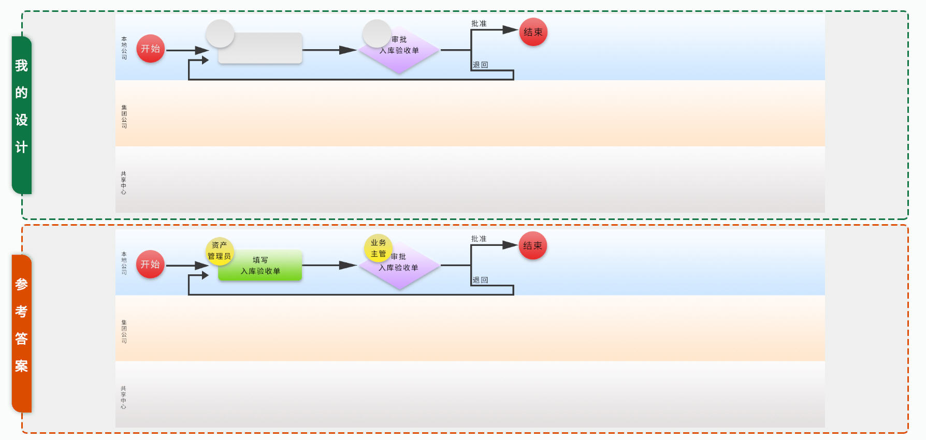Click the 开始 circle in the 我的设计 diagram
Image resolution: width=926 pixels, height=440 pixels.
(151, 49)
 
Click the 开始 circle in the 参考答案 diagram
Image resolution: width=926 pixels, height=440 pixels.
(150, 264)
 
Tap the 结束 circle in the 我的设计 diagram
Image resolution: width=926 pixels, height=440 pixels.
(533, 32)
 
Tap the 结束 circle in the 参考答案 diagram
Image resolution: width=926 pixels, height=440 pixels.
(532, 246)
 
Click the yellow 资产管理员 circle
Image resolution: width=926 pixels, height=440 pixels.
(220, 251)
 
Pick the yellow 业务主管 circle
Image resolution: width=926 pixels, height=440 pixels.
(378, 248)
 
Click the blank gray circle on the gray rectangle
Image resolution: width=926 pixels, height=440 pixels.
(220, 34)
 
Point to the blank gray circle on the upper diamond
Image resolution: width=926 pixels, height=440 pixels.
(377, 33)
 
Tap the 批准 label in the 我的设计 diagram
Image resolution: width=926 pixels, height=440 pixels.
(479, 24)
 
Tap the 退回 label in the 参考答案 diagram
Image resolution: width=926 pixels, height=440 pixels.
(480, 280)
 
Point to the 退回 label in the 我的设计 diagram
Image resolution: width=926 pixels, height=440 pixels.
(480, 65)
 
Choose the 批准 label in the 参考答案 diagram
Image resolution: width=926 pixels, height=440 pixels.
(479, 239)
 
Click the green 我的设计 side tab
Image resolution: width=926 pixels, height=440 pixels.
(22, 114)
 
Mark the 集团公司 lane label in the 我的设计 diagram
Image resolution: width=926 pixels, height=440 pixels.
(124, 116)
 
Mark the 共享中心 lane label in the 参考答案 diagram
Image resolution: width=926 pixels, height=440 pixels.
(123, 398)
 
